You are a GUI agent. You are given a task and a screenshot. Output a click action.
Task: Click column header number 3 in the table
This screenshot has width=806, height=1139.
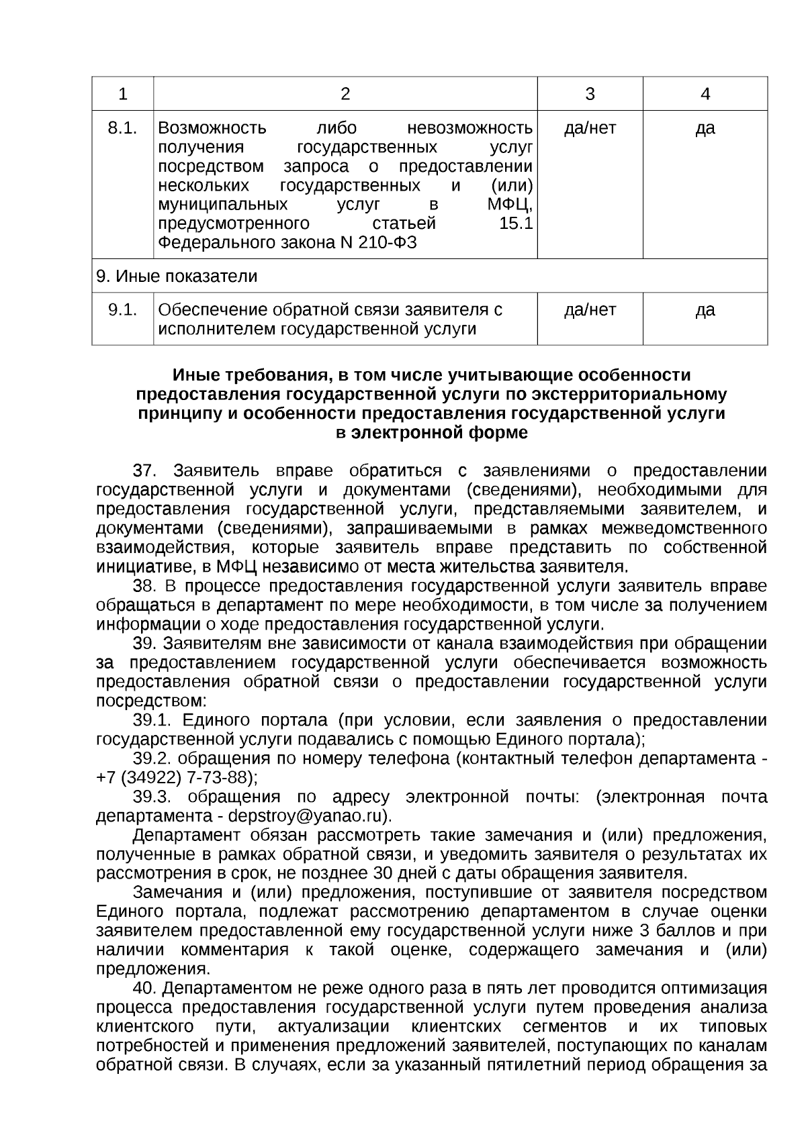(x=590, y=94)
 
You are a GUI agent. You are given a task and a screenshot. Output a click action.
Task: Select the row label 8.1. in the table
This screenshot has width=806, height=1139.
(x=122, y=128)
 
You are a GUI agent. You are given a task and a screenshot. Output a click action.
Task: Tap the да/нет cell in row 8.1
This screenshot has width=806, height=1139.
(x=590, y=128)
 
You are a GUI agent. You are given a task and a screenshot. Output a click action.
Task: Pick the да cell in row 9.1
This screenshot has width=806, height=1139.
(x=705, y=310)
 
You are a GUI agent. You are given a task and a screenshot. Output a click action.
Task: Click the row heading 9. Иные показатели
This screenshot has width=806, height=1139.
(x=177, y=277)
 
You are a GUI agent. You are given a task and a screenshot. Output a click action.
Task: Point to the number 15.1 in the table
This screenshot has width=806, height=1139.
(x=516, y=224)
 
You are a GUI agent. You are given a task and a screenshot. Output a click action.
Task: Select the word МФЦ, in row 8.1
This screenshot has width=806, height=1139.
(x=511, y=205)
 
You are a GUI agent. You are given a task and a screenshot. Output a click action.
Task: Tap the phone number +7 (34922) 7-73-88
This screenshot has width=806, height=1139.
(x=176, y=778)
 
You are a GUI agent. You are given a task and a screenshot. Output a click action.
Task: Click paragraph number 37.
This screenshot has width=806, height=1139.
(x=144, y=471)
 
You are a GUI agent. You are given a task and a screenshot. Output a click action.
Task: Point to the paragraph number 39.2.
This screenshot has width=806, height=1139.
(x=152, y=758)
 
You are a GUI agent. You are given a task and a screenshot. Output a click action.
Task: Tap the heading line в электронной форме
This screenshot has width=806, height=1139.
(x=431, y=433)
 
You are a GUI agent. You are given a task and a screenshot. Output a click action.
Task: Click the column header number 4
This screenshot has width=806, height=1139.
(x=705, y=94)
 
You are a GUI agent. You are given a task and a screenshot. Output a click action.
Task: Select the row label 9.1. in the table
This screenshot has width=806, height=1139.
(x=122, y=310)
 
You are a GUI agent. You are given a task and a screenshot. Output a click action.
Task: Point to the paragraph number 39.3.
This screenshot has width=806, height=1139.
(x=152, y=797)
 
